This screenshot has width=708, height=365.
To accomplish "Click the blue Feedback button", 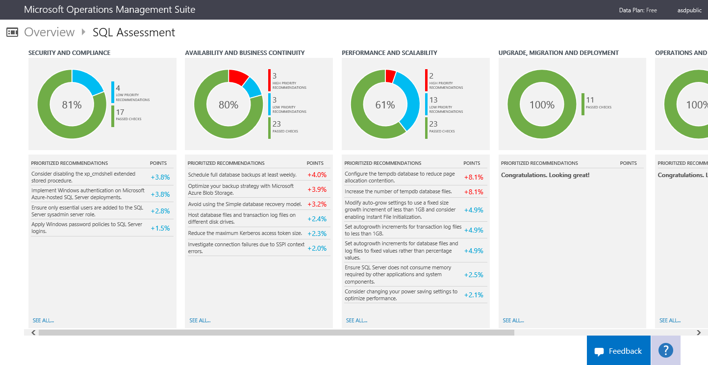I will pyautogui.click(x=618, y=351).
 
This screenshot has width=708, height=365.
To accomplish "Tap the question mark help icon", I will pyautogui.click(x=665, y=350).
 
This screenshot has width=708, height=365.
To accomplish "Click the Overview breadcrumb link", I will pyautogui.click(x=49, y=32).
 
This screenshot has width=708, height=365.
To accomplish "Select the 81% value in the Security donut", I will pyautogui.click(x=72, y=104).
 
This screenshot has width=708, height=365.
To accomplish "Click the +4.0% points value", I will pyautogui.click(x=317, y=175).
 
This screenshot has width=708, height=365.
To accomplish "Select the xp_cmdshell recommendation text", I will pyautogui.click(x=83, y=177).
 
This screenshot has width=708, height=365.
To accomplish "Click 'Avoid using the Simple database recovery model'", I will pyautogui.click(x=245, y=204).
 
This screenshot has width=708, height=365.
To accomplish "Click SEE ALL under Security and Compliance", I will pyautogui.click(x=43, y=320).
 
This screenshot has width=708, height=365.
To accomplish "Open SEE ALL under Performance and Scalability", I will pyautogui.click(x=356, y=320).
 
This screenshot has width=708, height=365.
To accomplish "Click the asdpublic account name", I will pyautogui.click(x=689, y=10).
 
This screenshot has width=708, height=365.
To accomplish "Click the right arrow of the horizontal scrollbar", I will pyautogui.click(x=699, y=333).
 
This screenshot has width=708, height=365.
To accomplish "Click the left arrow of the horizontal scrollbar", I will pyautogui.click(x=33, y=333).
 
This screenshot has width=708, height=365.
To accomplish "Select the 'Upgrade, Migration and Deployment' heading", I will pyautogui.click(x=558, y=52).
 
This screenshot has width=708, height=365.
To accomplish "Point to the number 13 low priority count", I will pyautogui.click(x=433, y=100).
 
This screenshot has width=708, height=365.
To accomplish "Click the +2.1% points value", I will pyautogui.click(x=474, y=295).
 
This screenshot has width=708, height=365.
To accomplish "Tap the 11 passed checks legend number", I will pyautogui.click(x=590, y=100).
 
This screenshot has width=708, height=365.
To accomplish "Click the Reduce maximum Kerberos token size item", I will pyautogui.click(x=245, y=233).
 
